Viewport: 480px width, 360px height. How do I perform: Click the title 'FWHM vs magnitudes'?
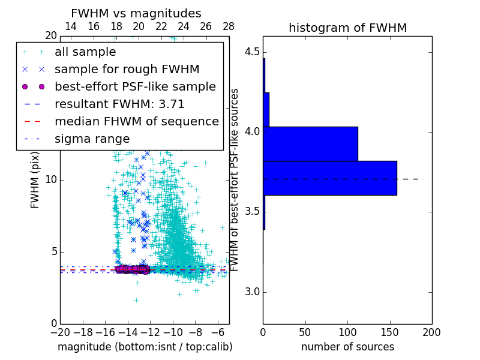tap(136, 13)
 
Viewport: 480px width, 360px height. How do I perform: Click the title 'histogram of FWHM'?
tap(347, 28)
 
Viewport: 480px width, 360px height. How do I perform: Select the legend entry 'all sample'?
tap(85, 52)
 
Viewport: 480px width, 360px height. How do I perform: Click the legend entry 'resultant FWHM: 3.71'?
tap(119, 104)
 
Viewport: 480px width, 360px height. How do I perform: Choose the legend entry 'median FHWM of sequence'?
tap(136, 121)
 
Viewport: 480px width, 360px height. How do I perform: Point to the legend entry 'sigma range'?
tap(92, 139)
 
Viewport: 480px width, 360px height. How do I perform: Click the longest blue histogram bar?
tap(329, 178)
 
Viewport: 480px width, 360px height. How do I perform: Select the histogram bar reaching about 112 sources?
tap(310, 144)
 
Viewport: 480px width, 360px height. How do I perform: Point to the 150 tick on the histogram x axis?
tap(389, 332)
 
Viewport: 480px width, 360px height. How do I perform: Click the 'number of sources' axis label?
tap(347, 347)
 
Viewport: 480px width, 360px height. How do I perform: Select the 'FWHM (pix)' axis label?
tap(35, 180)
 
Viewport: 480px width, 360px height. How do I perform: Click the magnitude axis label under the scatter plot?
tap(145, 347)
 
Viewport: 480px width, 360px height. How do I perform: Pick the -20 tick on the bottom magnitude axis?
tap(60, 332)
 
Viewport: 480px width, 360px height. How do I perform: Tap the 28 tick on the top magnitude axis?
tap(229, 26)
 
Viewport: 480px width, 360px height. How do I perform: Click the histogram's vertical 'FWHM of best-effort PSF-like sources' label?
tap(235, 180)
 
